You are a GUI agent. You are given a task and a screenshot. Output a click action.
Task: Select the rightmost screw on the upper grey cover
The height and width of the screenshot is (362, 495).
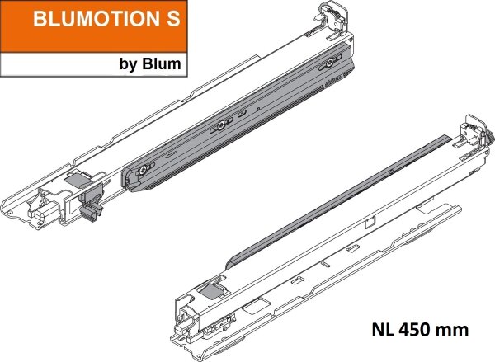pyautogui.click(x=330, y=63)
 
